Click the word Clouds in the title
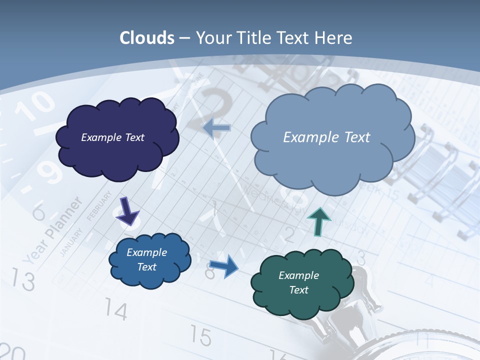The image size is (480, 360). point(147,38)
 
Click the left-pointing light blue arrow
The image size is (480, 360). point(217,128)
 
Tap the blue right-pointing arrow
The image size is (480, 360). point(223,266)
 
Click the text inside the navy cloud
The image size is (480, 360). point(112,137)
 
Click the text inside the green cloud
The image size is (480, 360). point(298,282)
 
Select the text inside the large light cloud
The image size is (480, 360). point(326,137)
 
